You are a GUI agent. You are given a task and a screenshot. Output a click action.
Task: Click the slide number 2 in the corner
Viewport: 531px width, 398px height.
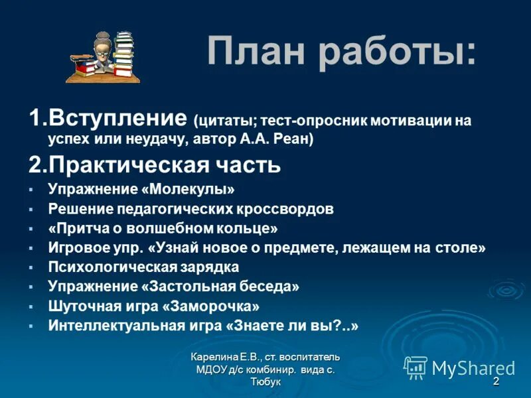click(x=496, y=382)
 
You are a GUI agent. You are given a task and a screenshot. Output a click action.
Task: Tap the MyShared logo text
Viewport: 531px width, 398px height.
click(x=473, y=367)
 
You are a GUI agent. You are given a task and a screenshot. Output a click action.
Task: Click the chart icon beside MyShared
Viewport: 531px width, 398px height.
click(x=416, y=367)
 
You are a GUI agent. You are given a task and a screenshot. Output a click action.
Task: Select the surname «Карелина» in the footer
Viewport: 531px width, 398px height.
click(x=214, y=358)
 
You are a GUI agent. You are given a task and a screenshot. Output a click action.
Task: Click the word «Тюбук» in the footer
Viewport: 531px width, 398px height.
click(x=266, y=382)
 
